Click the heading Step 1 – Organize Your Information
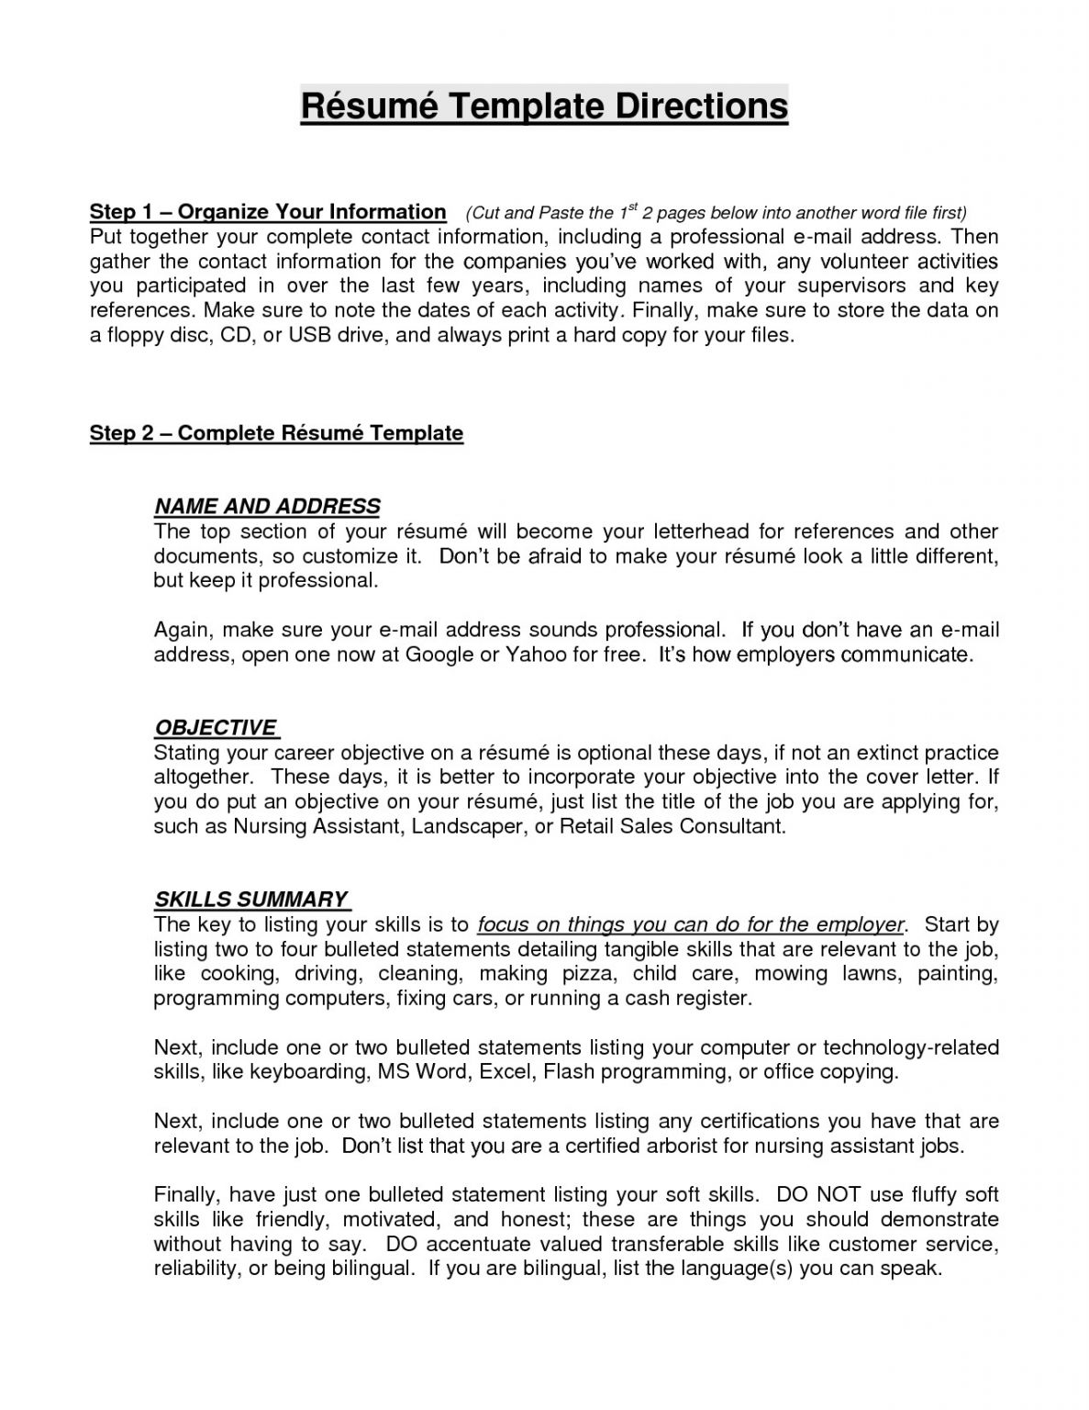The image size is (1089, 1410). pyautogui.click(x=267, y=212)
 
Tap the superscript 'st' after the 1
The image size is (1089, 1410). pyautogui.click(x=632, y=208)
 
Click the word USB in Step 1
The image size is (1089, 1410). pyautogui.click(x=309, y=335)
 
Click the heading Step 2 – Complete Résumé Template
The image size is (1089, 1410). pyautogui.click(x=276, y=433)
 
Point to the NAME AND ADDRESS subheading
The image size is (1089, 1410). pyautogui.click(x=267, y=507)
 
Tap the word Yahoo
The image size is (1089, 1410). pyautogui.click(x=534, y=655)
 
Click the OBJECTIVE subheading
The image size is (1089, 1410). pyautogui.click(x=216, y=728)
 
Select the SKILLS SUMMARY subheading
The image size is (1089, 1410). pyautogui.click(x=251, y=900)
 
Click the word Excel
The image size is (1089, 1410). pyautogui.click(x=506, y=1071)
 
